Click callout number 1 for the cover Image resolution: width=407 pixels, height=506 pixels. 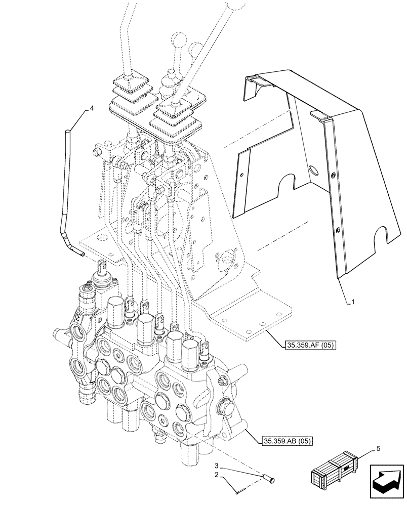click(353, 302)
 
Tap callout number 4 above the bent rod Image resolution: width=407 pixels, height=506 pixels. click(92, 108)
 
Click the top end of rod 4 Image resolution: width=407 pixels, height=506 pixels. click(66, 133)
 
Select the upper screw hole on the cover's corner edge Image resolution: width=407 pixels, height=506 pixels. click(333, 175)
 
